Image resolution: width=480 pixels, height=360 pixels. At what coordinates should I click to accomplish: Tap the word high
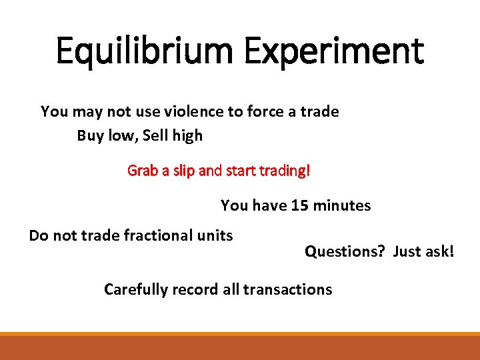pos(187,136)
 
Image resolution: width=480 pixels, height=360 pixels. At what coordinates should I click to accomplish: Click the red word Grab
pos(141,171)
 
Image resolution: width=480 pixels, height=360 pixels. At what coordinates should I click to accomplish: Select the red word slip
pos(183,171)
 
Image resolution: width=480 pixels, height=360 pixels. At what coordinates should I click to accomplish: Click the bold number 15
pos(300,205)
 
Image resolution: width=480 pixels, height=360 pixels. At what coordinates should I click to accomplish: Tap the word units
pos(215,235)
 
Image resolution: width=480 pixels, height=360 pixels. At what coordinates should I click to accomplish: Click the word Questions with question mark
pos(345,251)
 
